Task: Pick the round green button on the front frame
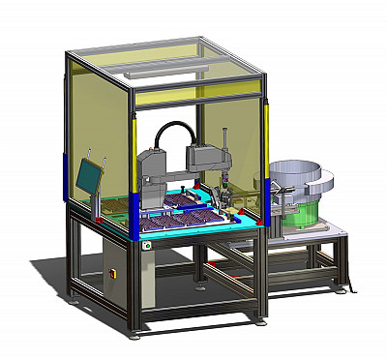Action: pyautogui.click(x=147, y=245)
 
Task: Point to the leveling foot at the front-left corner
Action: pyautogui.click(x=134, y=335)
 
